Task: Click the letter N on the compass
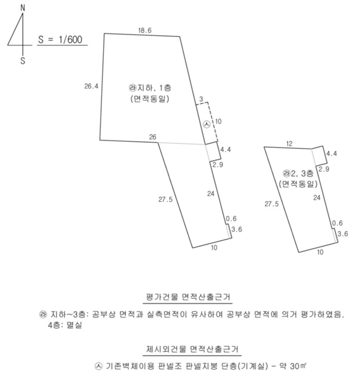[23, 8]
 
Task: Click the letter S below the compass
[23, 61]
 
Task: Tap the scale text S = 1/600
[60, 39]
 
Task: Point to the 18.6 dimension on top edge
[145, 30]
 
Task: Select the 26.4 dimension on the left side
[91, 86]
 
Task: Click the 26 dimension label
[152, 137]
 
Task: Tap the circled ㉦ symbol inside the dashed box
[207, 124]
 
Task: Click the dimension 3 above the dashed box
[201, 99]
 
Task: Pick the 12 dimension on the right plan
[289, 144]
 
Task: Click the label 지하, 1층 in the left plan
[151, 87]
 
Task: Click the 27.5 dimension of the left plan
[165, 200]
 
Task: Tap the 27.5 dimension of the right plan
[272, 204]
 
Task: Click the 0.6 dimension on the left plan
[231, 218]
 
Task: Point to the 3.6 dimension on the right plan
[343, 233]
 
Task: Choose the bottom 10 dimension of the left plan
[214, 248]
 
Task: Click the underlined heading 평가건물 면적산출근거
[188, 297]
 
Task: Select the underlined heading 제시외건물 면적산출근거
[192, 349]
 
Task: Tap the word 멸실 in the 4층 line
[74, 325]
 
